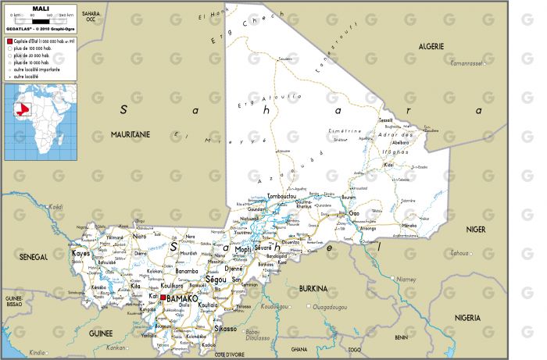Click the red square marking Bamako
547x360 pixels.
163,298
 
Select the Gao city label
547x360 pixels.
354,212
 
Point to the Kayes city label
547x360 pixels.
81,254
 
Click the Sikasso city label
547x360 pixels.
225,329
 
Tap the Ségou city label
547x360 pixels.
215,278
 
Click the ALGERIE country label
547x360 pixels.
431,46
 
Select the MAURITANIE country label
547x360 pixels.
130,134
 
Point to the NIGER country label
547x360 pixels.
475,229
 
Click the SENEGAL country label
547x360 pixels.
33,256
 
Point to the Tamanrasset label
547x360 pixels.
467,62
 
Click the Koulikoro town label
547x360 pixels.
173,286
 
